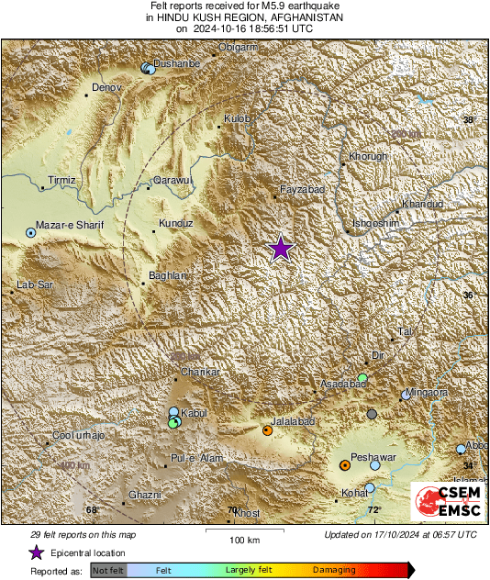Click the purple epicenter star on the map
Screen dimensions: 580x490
coord(281,249)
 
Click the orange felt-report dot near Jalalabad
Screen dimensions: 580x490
coord(267,429)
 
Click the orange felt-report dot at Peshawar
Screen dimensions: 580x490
coord(344,465)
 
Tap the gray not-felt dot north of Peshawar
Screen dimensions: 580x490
coord(372,415)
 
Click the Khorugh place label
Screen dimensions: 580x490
coord(368,156)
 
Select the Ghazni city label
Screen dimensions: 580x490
coord(145,495)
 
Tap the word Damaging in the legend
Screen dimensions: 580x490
coord(334,570)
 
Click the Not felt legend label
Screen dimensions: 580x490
coord(109,570)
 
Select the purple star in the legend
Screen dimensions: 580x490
coord(35,553)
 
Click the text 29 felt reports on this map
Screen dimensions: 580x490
coord(84,534)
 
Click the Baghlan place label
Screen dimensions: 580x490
coord(168,275)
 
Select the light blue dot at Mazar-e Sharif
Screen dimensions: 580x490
coord(30,234)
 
